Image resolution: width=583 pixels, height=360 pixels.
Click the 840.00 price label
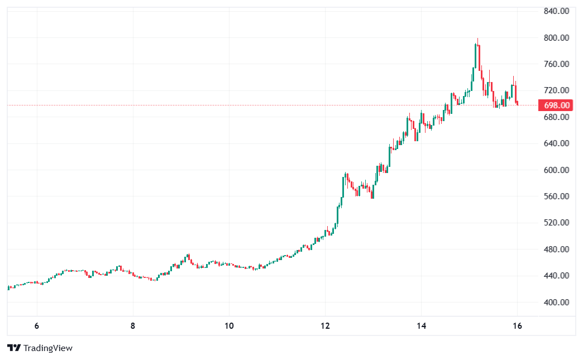point(557,11)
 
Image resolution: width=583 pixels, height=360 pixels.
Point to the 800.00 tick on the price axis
point(557,38)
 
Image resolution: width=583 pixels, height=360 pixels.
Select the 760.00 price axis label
point(557,64)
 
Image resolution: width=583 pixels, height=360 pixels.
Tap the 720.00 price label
point(557,90)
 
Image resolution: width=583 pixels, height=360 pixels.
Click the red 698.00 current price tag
point(557,105)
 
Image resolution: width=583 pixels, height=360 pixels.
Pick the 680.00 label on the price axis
point(557,117)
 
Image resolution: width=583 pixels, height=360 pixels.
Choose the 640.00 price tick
point(557,143)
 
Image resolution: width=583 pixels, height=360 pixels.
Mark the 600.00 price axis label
point(557,170)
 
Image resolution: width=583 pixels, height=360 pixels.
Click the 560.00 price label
point(557,196)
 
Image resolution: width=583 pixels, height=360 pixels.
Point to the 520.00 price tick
point(557,223)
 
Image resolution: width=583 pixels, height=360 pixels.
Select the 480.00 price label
point(557,249)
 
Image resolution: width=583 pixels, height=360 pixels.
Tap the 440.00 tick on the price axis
point(557,276)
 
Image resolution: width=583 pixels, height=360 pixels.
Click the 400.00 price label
point(557,303)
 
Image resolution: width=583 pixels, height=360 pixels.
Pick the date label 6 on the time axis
point(37,326)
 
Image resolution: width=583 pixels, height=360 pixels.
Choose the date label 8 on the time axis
point(133,326)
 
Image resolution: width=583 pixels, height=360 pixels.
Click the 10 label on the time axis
point(229,326)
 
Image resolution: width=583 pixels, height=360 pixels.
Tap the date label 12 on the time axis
point(326,326)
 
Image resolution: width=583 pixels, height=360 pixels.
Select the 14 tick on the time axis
point(421,326)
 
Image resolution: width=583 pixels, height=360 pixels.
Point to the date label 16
point(517,326)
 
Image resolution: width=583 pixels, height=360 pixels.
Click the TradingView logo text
point(47,348)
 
